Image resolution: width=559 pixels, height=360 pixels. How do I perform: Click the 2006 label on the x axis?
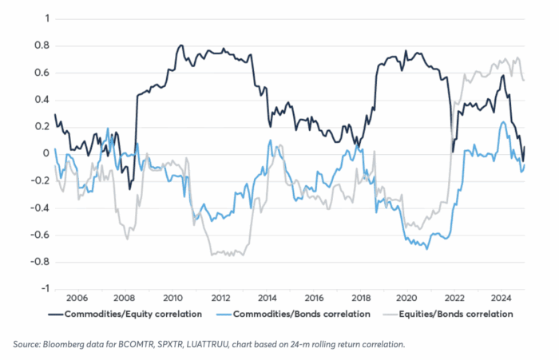[77, 295]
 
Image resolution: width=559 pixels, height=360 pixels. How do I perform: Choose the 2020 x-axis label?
[410, 295]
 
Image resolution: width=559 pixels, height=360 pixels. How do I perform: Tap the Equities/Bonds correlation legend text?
[463, 315]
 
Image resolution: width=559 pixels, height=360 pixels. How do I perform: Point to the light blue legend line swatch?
[232, 315]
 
